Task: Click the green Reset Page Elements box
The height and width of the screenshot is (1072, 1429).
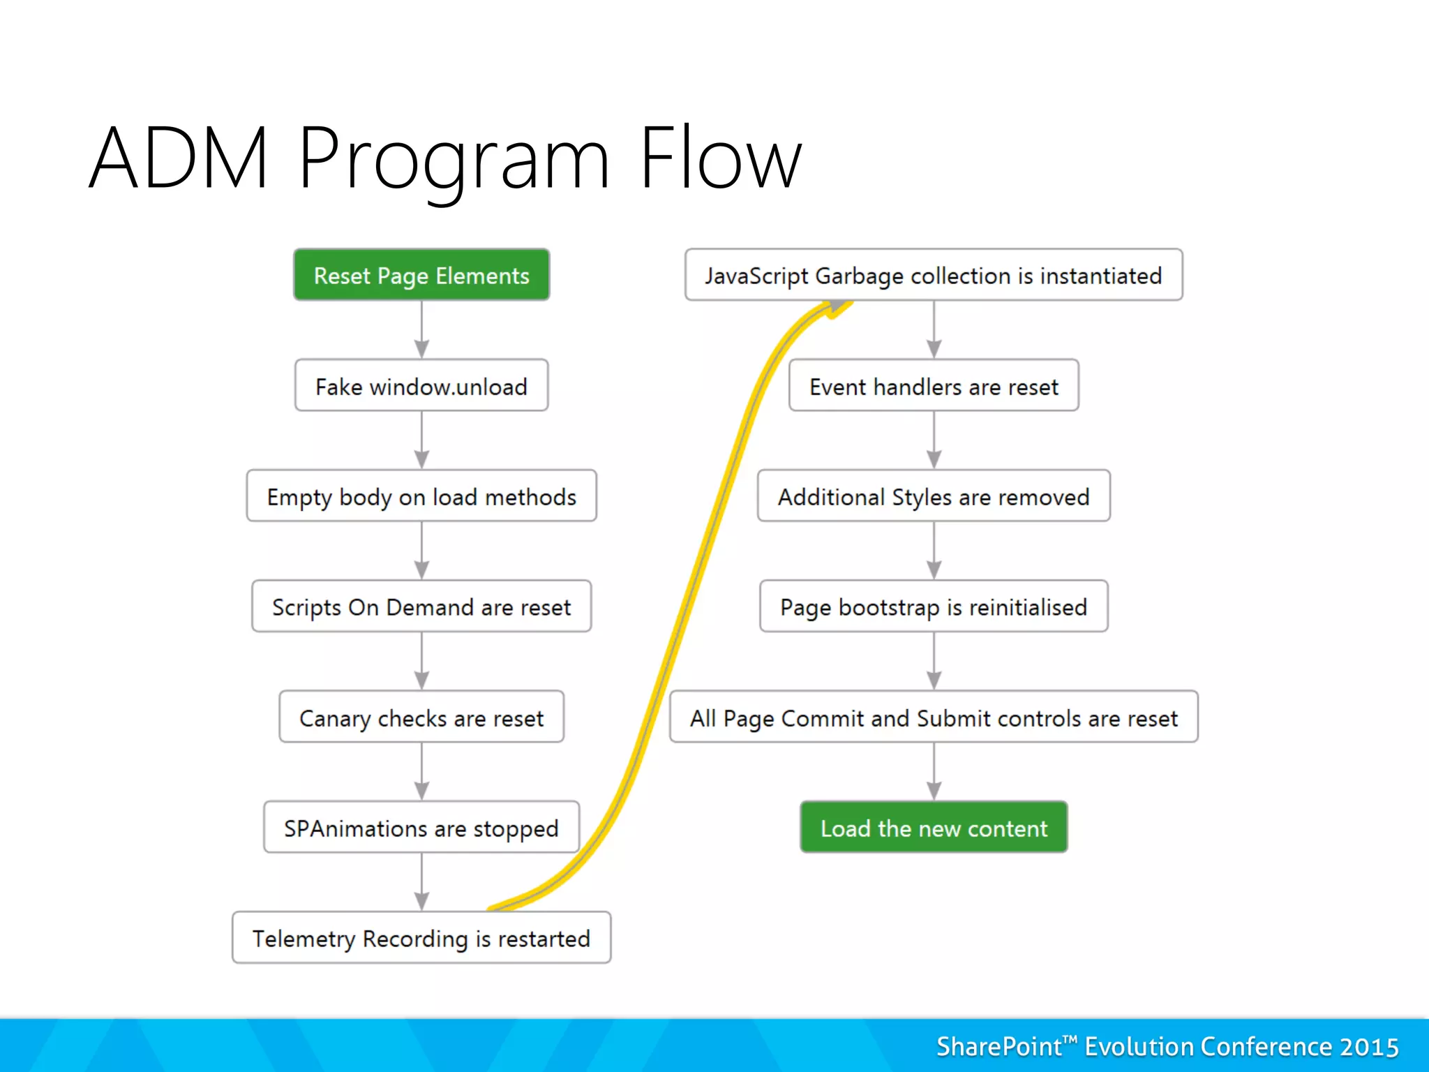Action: tap(421, 275)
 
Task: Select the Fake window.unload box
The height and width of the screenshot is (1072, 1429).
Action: tap(421, 386)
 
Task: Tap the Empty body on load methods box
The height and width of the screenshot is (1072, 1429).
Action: tap(421, 496)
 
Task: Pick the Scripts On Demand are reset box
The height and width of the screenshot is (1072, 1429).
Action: tap(421, 606)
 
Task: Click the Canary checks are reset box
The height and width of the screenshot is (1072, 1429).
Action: tap(421, 717)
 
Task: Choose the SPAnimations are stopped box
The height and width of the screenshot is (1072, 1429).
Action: tap(421, 828)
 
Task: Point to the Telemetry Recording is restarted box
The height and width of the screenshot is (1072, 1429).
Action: tap(421, 938)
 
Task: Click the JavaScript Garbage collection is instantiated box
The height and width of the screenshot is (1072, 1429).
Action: tap(934, 275)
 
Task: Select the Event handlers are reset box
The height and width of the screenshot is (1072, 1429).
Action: tap(934, 386)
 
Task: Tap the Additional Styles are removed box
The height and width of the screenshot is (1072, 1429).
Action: tap(934, 496)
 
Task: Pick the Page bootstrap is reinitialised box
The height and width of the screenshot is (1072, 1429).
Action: tap(934, 606)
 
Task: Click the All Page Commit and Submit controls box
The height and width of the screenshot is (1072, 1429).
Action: tap(934, 717)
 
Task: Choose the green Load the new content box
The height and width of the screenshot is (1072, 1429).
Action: tap(934, 828)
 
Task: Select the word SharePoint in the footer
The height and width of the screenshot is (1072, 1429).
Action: tap(998, 1047)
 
